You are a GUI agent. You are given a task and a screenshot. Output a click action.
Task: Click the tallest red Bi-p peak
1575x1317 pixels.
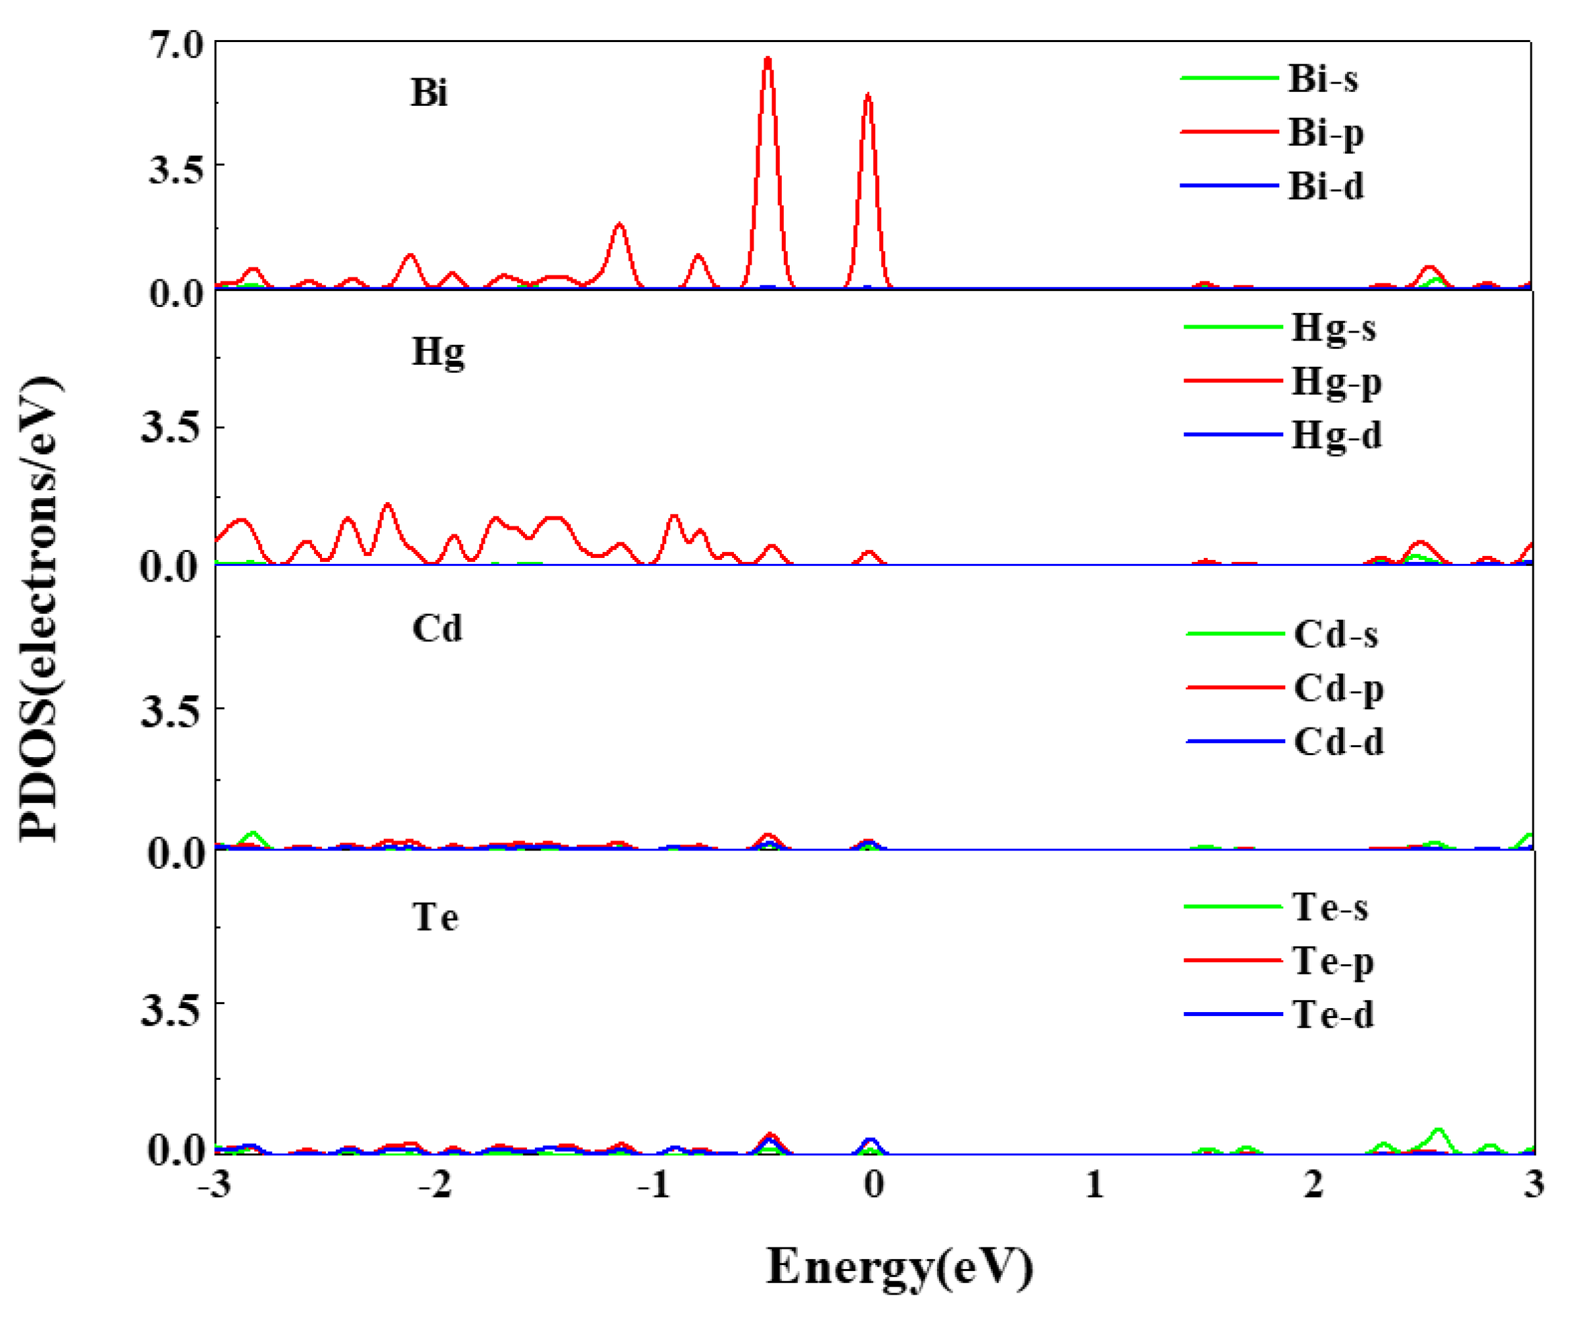click(x=767, y=60)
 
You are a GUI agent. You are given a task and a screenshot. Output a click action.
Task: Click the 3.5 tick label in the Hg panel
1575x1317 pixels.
click(x=171, y=428)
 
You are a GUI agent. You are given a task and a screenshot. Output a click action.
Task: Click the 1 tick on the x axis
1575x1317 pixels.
click(x=1093, y=1185)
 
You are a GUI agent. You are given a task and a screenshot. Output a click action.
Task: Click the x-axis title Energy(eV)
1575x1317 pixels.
click(x=900, y=1267)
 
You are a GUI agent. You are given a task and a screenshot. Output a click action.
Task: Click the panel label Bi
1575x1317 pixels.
click(x=429, y=93)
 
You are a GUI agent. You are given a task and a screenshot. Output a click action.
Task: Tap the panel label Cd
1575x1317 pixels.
click(x=437, y=628)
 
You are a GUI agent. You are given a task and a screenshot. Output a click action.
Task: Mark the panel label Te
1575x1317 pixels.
click(x=435, y=917)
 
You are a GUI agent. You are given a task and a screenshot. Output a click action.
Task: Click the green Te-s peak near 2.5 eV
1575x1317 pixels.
click(x=1438, y=1130)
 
